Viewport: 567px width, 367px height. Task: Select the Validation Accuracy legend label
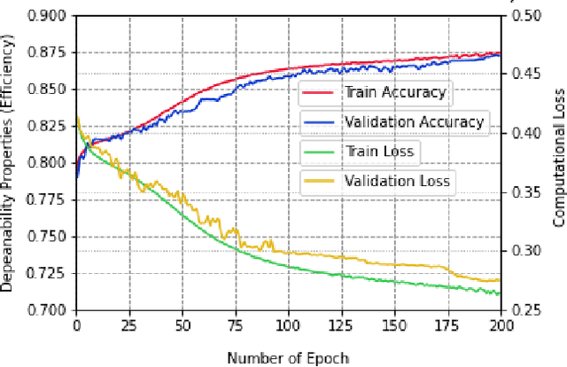click(x=414, y=121)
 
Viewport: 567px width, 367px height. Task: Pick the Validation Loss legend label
click(x=397, y=182)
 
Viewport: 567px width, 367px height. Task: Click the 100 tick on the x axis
click(x=289, y=326)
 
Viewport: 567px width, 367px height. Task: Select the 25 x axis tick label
click(x=129, y=326)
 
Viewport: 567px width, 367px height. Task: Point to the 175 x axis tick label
click(x=448, y=326)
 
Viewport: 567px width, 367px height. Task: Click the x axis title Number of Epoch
click(x=288, y=357)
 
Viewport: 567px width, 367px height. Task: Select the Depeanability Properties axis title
click(x=8, y=164)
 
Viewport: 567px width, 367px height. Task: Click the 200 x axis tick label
click(x=501, y=326)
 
